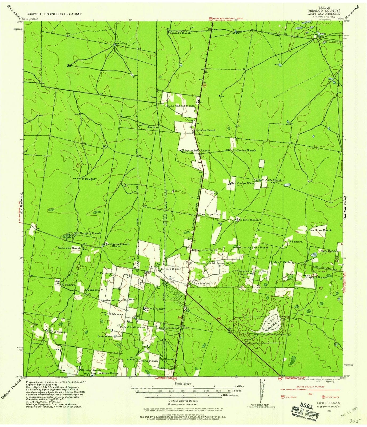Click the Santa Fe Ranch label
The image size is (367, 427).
click(x=180, y=33)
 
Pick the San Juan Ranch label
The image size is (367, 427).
click(x=320, y=230)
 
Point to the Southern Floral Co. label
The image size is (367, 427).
click(x=114, y=300)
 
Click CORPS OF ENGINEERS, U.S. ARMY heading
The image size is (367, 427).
click(x=54, y=14)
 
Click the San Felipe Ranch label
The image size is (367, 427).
click(x=211, y=214)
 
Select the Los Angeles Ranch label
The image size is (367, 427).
click(x=255, y=247)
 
